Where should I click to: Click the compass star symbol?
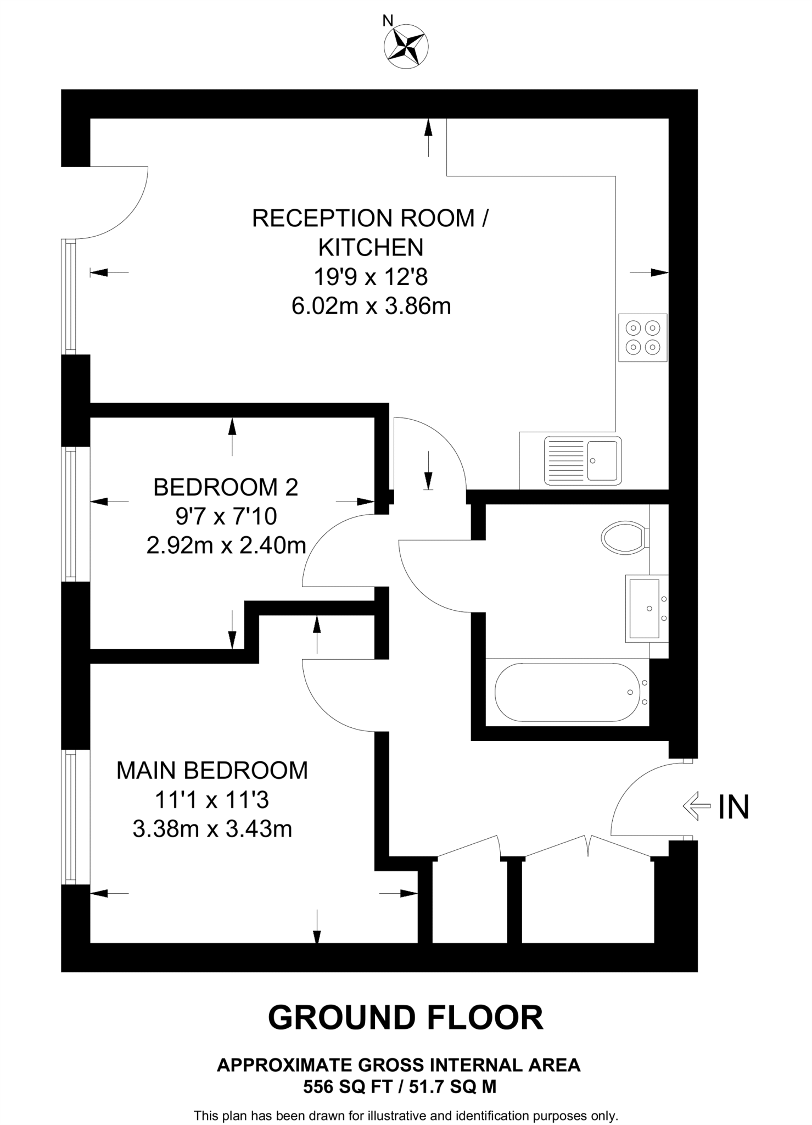407,47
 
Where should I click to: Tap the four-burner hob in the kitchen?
642,337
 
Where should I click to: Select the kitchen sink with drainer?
583,460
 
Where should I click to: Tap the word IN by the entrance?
733,807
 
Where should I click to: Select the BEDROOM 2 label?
225,487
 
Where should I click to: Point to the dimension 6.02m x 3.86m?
371,306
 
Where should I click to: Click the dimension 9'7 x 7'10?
226,516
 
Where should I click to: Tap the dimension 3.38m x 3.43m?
212,828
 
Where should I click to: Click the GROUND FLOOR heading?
405,1017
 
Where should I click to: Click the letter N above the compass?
388,21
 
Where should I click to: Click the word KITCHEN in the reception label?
371,247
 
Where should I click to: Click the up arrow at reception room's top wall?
428,137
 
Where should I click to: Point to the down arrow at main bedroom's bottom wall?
317,927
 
